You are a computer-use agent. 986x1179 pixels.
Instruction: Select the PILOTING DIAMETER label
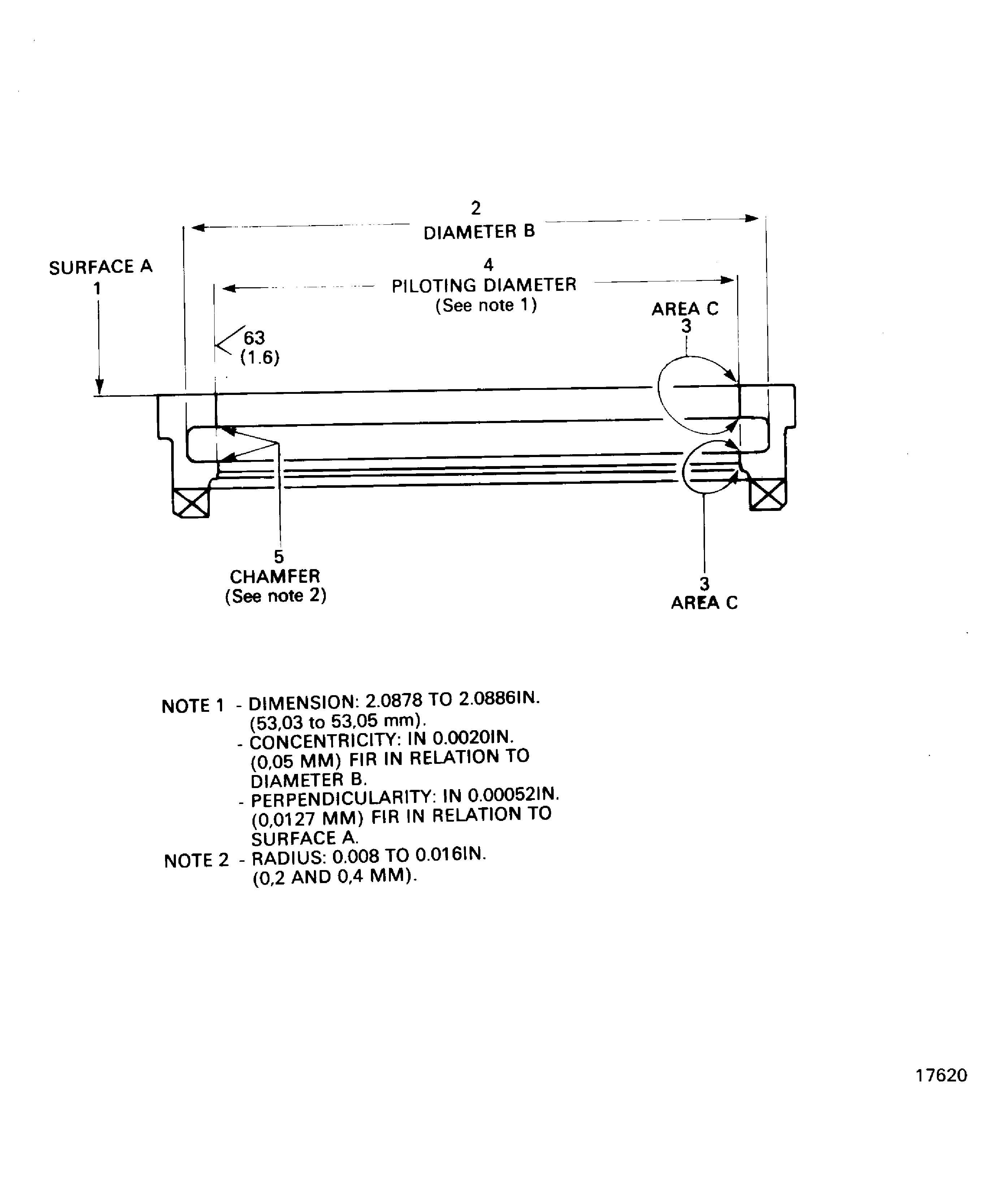[x=484, y=285]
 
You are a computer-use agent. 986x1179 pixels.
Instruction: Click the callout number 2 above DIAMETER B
[x=476, y=208]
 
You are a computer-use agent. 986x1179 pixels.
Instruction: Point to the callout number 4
[x=488, y=264]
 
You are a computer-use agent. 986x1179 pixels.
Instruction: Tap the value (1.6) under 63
[x=260, y=358]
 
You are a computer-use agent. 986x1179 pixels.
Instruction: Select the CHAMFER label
[x=275, y=577]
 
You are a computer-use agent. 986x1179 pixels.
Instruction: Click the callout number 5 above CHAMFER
[x=279, y=557]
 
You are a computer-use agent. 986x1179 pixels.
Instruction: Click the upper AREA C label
[x=685, y=309]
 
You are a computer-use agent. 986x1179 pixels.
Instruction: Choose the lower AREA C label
[x=704, y=602]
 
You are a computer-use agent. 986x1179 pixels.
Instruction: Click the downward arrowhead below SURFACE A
[x=99, y=387]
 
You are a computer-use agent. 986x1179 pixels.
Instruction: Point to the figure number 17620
[x=941, y=1075]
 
